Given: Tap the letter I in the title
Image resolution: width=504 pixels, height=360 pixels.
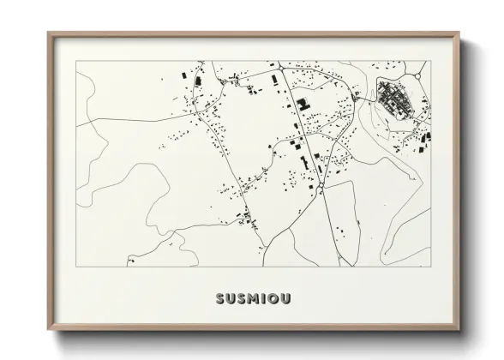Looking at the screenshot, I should (261, 299).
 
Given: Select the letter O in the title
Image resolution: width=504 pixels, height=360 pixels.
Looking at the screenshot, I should (273, 299).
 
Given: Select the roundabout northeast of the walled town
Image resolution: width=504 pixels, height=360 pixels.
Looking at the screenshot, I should (419, 75).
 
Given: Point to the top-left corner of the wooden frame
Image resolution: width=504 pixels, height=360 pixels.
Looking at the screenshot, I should (49, 33).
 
